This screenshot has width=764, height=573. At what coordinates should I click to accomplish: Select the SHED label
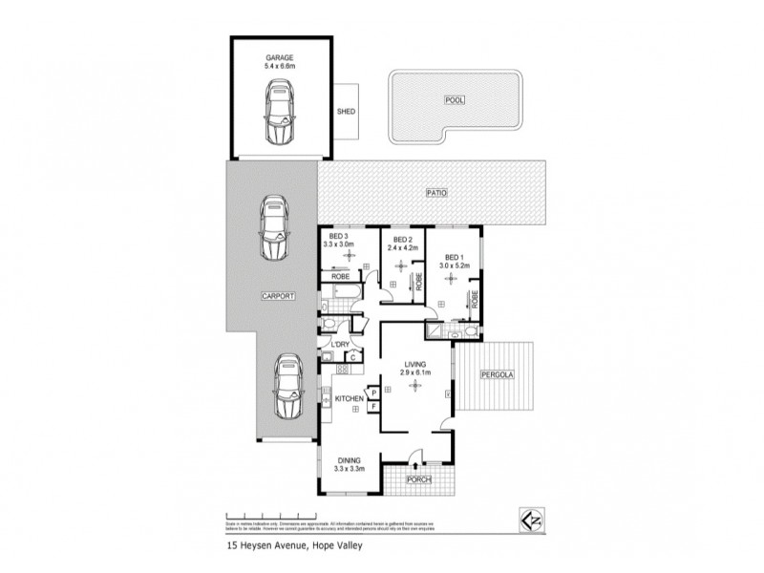coord(347,112)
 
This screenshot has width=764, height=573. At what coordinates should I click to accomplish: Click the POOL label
coord(454,99)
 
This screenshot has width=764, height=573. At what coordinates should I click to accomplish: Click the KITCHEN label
coord(350,397)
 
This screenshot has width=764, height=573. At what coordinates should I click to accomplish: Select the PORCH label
coord(419,479)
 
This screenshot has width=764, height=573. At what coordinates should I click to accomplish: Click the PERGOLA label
coord(497,374)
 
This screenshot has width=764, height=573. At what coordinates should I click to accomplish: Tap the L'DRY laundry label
coord(340,343)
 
